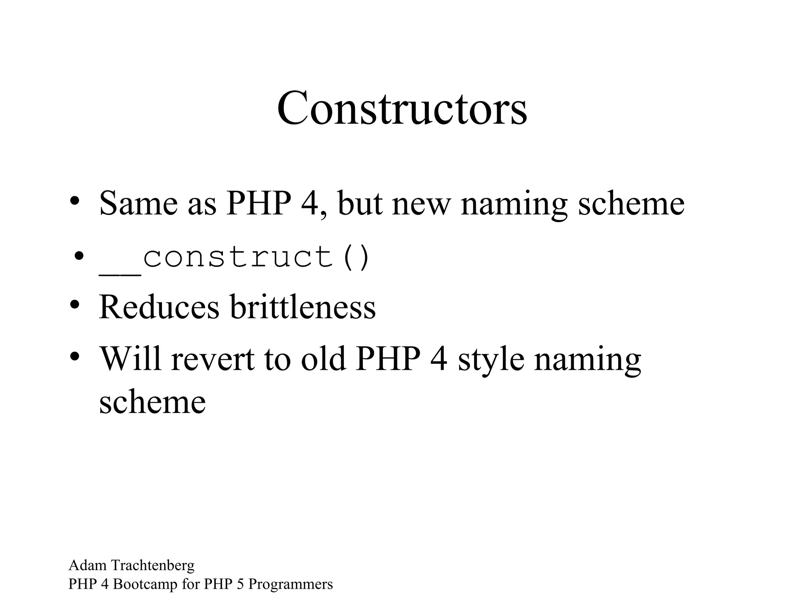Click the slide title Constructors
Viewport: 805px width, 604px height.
[x=402, y=108]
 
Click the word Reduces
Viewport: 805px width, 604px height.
[x=159, y=307]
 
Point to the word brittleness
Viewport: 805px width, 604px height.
[x=303, y=307]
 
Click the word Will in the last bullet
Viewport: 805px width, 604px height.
[x=130, y=359]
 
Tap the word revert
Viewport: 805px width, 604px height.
[x=213, y=359]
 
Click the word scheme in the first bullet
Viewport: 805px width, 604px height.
[x=631, y=203]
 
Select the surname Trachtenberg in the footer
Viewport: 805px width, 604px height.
[x=153, y=565]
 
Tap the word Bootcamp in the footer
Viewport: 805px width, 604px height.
[x=145, y=584]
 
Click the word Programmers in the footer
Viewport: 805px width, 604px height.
[x=290, y=584]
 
